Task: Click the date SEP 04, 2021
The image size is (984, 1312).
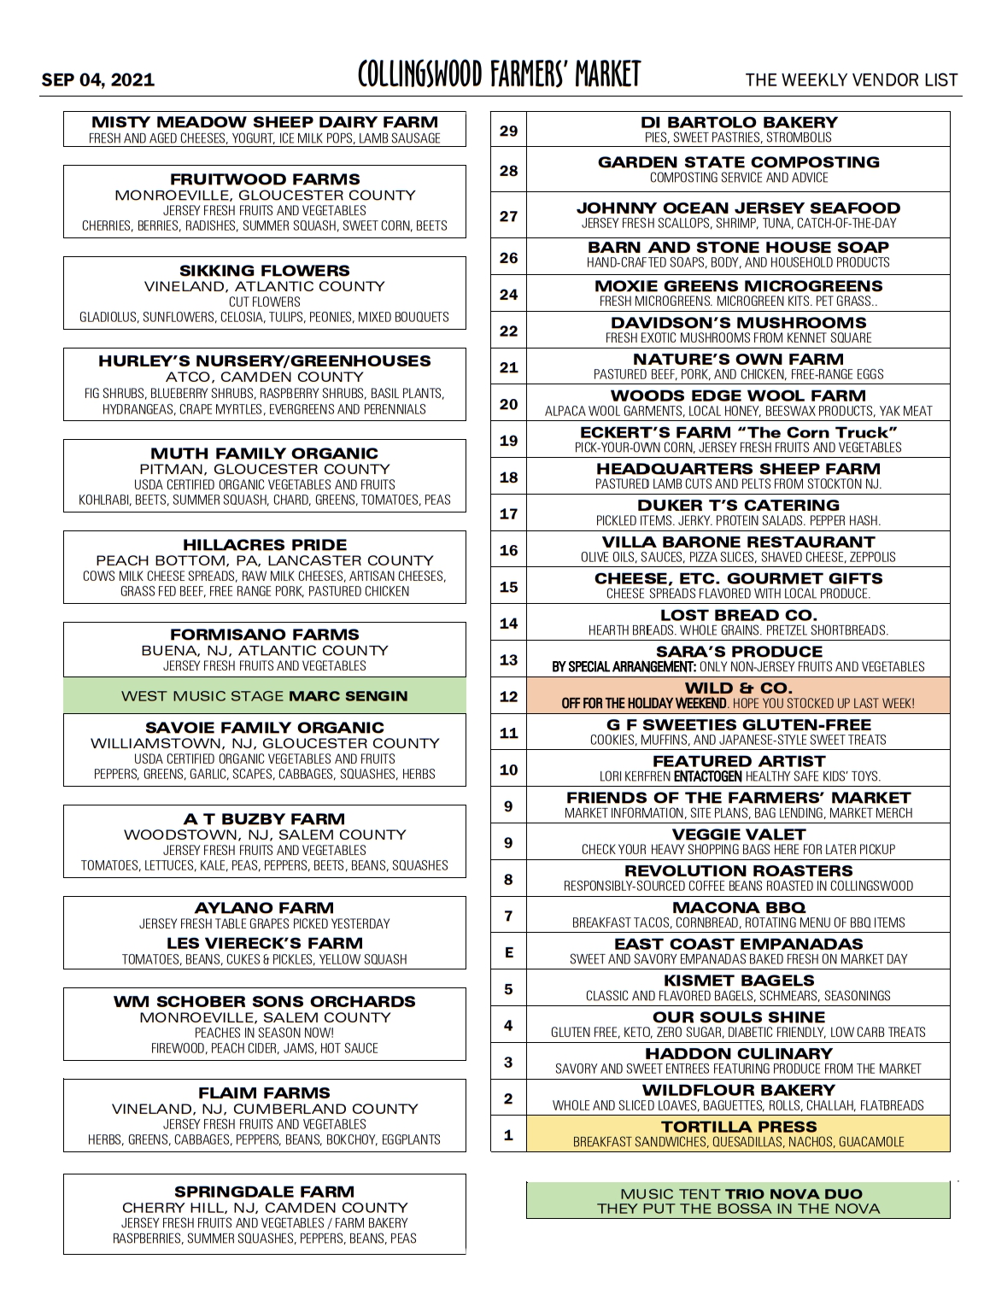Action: (x=98, y=80)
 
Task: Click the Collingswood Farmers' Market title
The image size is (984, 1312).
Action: (x=499, y=75)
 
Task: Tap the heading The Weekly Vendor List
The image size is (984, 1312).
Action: (x=851, y=80)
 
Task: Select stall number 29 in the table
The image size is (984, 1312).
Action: (x=508, y=131)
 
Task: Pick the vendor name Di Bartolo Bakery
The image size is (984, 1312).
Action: (x=739, y=123)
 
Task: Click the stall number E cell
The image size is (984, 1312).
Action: (x=508, y=952)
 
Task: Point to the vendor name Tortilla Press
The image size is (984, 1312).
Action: (x=739, y=1127)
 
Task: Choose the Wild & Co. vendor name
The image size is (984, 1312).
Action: (x=739, y=688)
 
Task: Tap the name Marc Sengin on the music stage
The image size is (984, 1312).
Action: (x=348, y=696)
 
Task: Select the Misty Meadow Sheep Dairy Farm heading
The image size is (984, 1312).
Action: (x=265, y=122)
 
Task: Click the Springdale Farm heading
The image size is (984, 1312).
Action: (x=265, y=1192)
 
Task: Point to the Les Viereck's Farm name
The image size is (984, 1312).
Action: (x=265, y=943)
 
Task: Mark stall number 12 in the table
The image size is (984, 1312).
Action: (x=508, y=696)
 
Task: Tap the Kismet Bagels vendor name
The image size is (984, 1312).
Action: (x=739, y=981)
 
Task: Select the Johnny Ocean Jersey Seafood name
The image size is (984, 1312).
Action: (x=739, y=208)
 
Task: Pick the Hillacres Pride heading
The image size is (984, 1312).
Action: (x=265, y=545)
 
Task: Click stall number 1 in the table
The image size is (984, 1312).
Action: (x=508, y=1135)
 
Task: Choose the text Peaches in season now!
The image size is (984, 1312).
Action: (x=265, y=1033)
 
